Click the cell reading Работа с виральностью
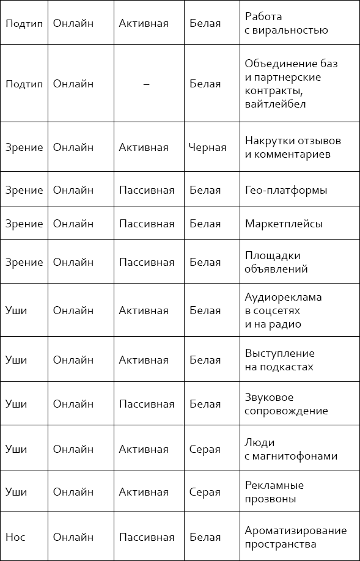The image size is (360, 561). click(286, 23)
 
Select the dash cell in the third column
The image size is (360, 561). click(146, 84)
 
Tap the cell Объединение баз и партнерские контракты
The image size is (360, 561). click(291, 84)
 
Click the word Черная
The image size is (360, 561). click(207, 147)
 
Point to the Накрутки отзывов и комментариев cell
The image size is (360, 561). click(293, 147)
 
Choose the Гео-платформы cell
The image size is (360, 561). click(285, 190)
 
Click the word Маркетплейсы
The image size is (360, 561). click(284, 224)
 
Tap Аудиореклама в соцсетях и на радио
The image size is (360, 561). click(283, 310)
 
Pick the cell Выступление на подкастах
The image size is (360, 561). click(279, 360)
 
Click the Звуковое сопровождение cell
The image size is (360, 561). click(286, 404)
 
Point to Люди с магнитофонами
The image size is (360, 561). click(291, 449)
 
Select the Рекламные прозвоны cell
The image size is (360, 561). click(274, 492)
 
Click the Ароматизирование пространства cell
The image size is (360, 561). click(295, 537)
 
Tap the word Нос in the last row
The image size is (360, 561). click(15, 537)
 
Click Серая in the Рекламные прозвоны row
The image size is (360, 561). click(205, 492)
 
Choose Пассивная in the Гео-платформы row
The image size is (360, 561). click(147, 190)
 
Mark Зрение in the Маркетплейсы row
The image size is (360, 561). click(24, 224)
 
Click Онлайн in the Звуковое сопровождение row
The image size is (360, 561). click(73, 404)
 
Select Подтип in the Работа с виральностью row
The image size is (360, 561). click(24, 23)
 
